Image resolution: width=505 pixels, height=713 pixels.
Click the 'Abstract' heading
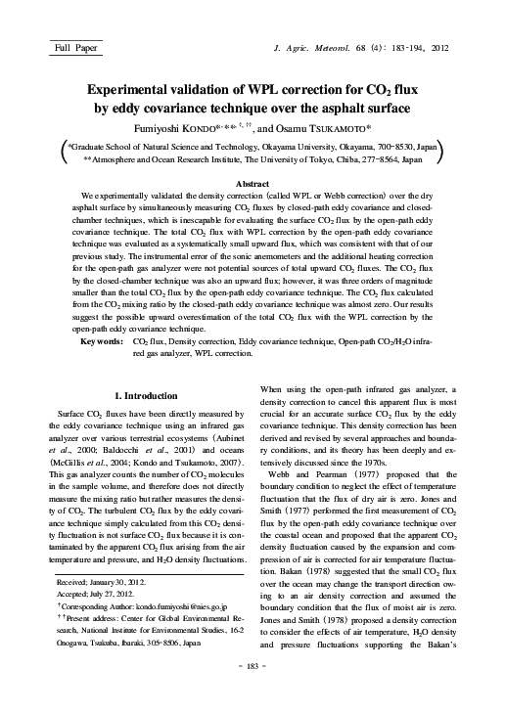[252, 183]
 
